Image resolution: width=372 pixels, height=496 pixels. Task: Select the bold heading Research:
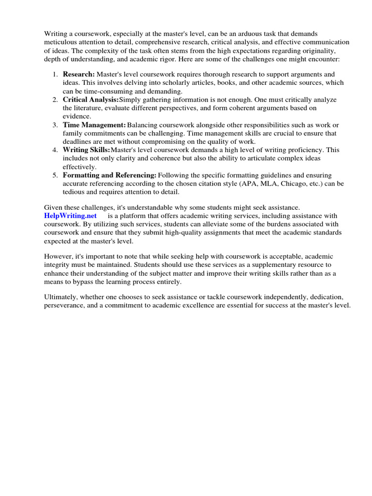(x=79, y=74)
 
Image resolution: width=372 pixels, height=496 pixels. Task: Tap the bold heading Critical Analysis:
(x=91, y=99)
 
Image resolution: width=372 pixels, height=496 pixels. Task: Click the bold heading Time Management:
(x=94, y=125)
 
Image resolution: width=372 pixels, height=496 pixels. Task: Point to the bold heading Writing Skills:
(x=87, y=150)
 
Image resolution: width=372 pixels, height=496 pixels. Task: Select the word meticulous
(x=62, y=42)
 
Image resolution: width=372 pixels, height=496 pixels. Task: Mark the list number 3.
(x=55, y=125)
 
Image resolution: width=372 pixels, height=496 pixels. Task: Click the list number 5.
(x=55, y=175)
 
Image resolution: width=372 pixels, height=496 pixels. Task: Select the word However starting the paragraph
(x=58, y=256)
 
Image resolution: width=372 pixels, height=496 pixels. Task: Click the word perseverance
(x=65, y=306)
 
